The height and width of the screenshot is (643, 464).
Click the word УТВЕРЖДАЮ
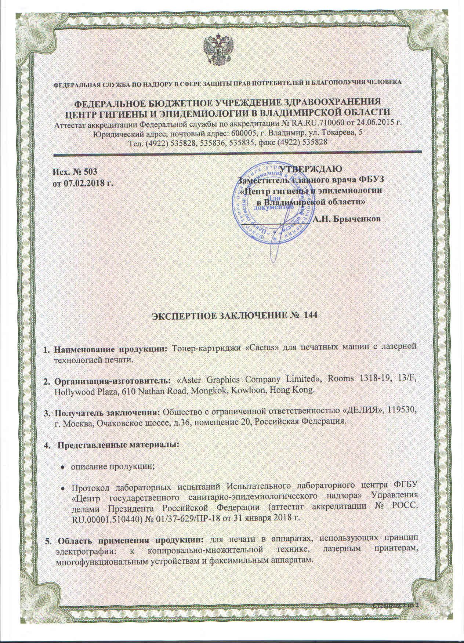(x=311, y=169)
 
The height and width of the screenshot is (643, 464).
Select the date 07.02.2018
(x=85, y=182)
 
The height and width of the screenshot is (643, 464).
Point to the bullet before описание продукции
(x=63, y=467)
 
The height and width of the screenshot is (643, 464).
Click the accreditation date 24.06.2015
(x=377, y=122)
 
